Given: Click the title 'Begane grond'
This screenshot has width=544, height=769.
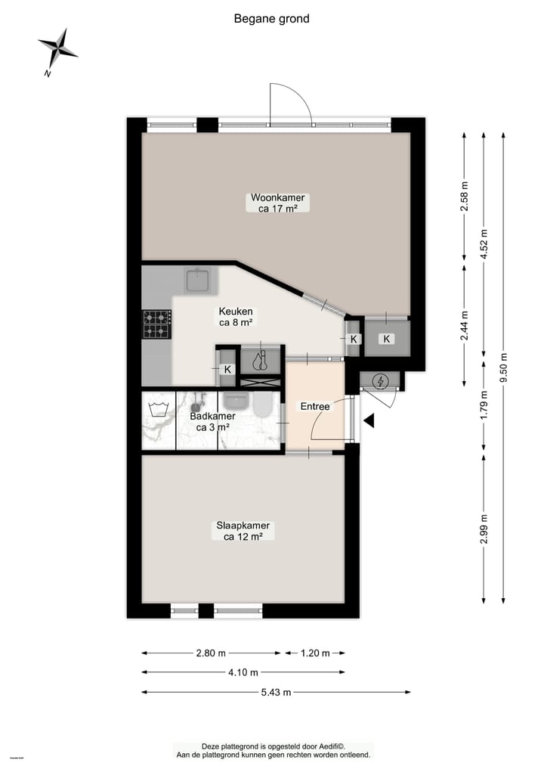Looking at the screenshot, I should (271, 19).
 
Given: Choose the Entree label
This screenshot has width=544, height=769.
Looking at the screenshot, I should (315, 407).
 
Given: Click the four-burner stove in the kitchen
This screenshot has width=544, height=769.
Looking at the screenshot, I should (156, 324).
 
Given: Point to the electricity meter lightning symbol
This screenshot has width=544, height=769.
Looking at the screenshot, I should (381, 381).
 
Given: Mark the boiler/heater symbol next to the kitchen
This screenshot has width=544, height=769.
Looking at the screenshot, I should (261, 361).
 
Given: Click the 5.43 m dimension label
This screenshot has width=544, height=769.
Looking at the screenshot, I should (276, 692).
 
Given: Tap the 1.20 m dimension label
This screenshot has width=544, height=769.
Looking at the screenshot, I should (314, 653).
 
